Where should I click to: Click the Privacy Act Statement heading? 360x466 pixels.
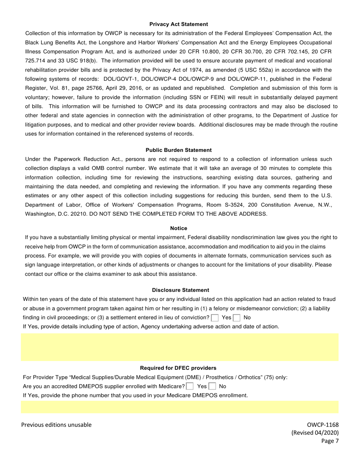tap(178, 24)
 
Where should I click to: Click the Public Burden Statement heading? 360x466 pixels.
tap(178, 150)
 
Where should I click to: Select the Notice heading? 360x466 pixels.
tap(178, 228)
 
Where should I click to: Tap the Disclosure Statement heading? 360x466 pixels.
tap(180, 290)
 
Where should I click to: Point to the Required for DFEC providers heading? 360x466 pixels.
tap(178, 368)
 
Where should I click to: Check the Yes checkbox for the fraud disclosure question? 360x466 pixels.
tap(215, 318)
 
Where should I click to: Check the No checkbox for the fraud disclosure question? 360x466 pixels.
tap(237, 318)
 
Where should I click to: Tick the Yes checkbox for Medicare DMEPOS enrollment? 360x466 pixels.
tap(190, 386)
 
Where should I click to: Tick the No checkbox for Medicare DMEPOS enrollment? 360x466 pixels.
tap(213, 386)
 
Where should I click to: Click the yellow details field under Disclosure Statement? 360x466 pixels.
tap(180, 347)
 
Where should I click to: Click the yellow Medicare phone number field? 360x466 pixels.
tap(180, 407)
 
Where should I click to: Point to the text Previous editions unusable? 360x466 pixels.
tap(56, 425)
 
